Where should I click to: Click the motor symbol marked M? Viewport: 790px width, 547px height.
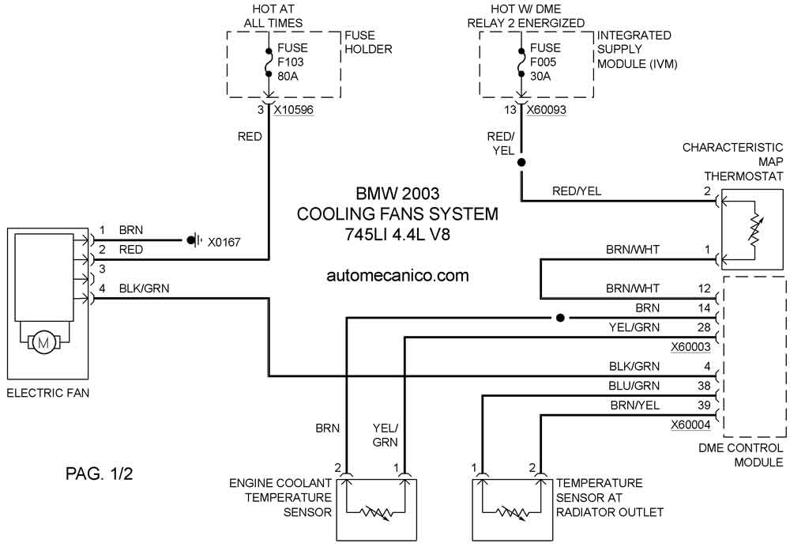pos(43,343)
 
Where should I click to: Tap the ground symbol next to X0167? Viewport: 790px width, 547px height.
pos(194,240)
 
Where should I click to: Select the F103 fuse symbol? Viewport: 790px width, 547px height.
pos(269,63)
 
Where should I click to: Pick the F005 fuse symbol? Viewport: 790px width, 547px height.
pos(521,63)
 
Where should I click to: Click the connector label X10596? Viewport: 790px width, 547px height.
pos(294,109)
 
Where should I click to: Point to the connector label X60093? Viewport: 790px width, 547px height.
pos(547,109)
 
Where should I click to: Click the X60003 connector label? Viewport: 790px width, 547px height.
pos(690,347)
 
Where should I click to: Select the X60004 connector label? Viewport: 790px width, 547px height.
pos(690,425)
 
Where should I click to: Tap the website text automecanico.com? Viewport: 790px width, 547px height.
pos(397,275)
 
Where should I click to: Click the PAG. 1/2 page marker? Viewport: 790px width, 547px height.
pos(100,474)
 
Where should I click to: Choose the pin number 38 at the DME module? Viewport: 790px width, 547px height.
pos(704,386)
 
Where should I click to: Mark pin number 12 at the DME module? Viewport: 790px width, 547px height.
pos(704,289)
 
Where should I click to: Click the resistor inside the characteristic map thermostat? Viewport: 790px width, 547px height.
pos(754,231)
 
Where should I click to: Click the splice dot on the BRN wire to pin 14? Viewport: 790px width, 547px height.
pos(560,318)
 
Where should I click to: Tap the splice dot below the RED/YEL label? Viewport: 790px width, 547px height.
pos(521,162)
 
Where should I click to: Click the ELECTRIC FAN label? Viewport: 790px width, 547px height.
pos(48,393)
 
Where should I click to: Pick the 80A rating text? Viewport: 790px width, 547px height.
pos(288,77)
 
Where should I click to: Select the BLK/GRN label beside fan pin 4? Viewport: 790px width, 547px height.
pos(144,289)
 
